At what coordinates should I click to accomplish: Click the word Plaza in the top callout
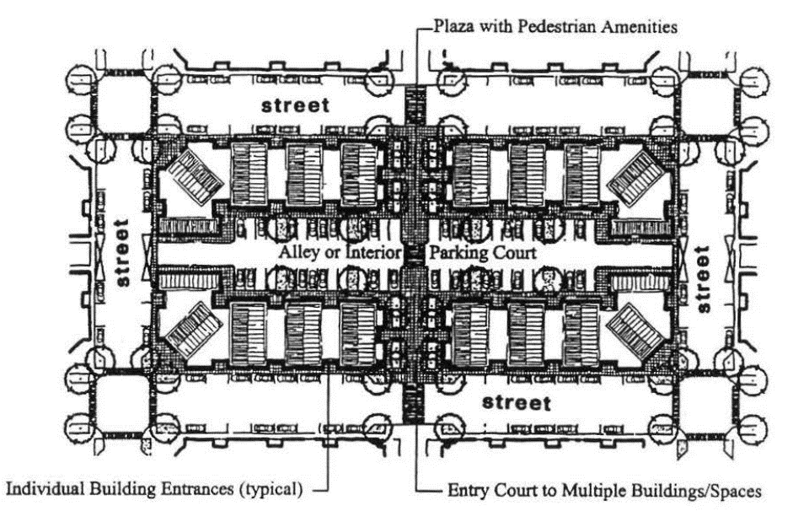click(x=453, y=26)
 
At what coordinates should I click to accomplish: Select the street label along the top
click(x=295, y=106)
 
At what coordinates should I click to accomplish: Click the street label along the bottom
click(x=517, y=401)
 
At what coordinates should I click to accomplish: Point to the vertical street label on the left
click(x=123, y=254)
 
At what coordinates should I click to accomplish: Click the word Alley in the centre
click(x=299, y=253)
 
